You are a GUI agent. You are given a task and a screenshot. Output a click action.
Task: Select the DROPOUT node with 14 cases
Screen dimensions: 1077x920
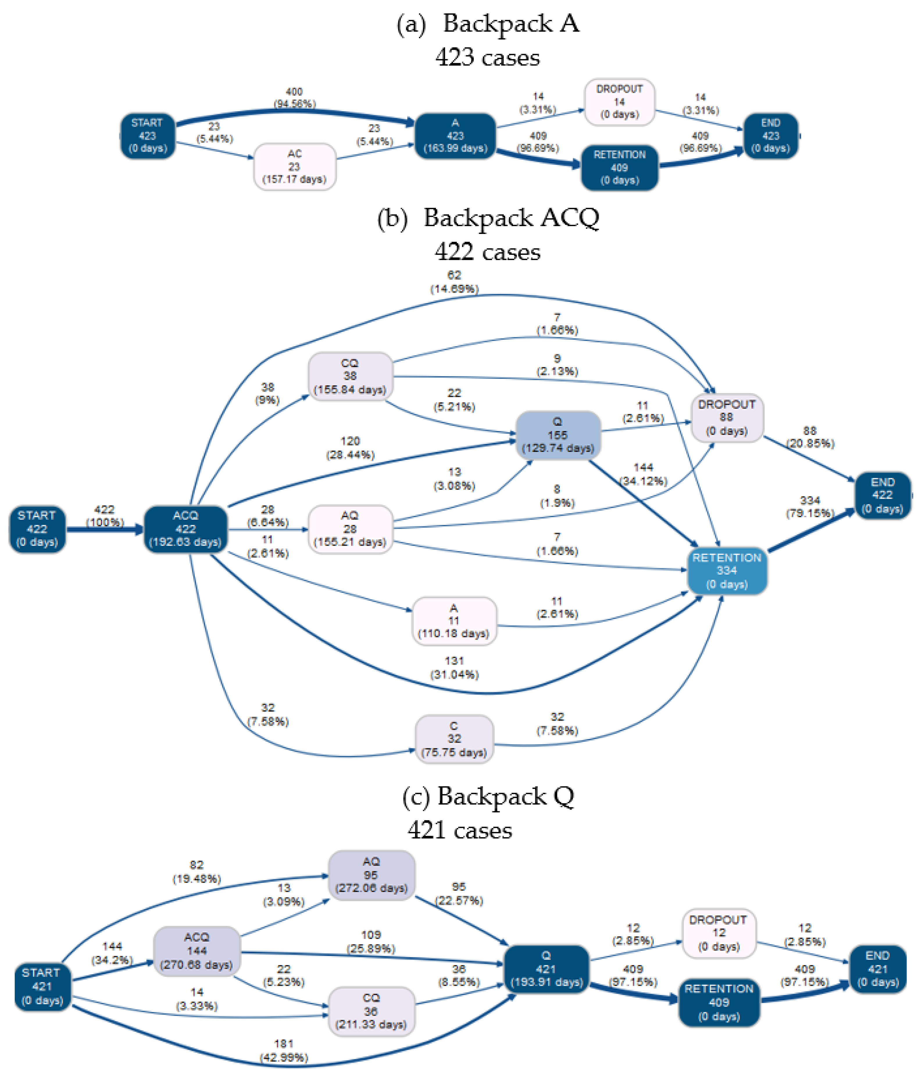[x=619, y=102]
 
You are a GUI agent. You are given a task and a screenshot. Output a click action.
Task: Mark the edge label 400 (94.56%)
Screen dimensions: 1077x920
[x=294, y=98]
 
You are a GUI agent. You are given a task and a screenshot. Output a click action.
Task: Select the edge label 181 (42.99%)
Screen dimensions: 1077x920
[x=283, y=1051]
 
